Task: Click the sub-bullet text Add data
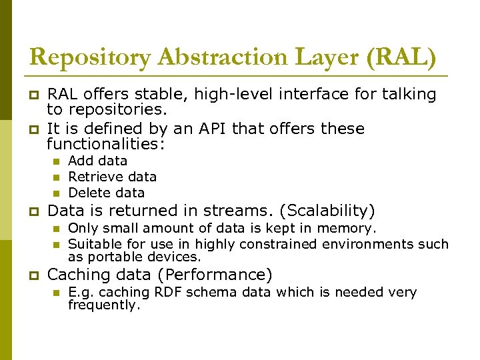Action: click(x=97, y=161)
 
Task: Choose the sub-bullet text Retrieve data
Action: click(x=112, y=177)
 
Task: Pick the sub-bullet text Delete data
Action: click(x=106, y=193)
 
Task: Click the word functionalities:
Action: click(x=106, y=144)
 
